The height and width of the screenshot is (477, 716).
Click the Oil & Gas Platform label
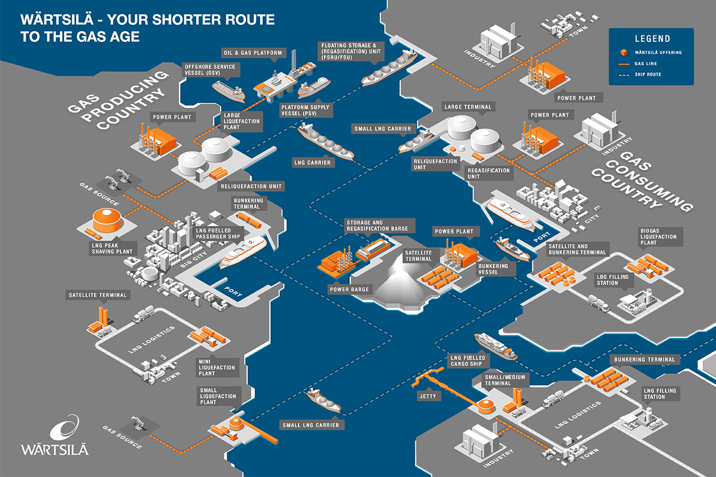click(x=253, y=53)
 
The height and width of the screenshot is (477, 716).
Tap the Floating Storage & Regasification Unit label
click(x=351, y=51)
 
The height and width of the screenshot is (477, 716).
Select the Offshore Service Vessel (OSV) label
click(x=211, y=70)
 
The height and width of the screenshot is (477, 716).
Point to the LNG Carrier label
click(x=312, y=163)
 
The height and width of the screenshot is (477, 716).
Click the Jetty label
click(x=428, y=396)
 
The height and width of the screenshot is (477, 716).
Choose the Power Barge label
click(x=349, y=289)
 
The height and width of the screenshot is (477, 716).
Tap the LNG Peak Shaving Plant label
click(x=112, y=248)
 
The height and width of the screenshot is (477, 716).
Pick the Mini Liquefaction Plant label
click(x=217, y=367)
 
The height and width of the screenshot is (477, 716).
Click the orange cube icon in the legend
click(x=624, y=52)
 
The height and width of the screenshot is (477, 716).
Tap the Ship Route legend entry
click(x=640, y=75)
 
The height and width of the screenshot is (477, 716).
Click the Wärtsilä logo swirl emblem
click(x=65, y=427)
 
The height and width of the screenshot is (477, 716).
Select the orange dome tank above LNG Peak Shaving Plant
click(x=107, y=220)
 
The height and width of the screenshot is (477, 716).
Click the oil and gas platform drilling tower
click(x=294, y=62)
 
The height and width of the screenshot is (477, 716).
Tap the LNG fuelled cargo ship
click(x=495, y=346)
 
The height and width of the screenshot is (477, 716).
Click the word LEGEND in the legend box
click(x=652, y=39)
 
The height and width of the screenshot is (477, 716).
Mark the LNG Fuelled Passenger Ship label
click(x=218, y=233)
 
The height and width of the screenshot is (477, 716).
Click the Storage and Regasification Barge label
click(x=377, y=225)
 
